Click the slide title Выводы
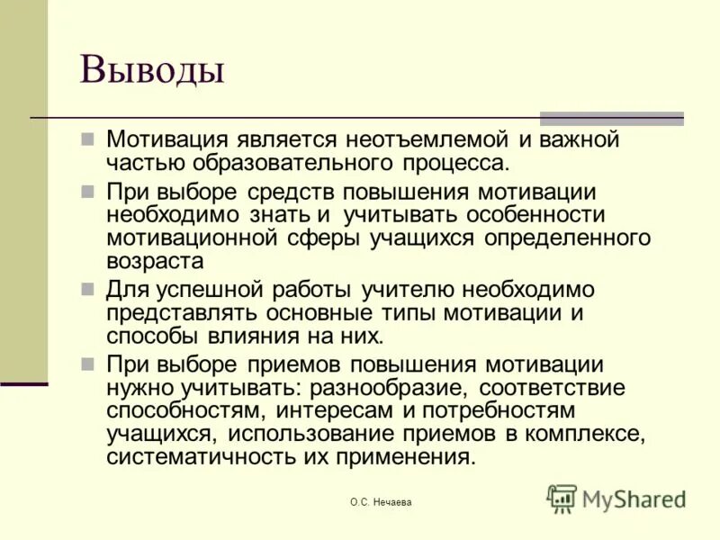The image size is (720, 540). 151,70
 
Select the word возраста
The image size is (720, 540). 155,260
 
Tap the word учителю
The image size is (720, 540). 410,291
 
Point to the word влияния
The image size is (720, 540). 261,336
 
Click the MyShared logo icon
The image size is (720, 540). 562,498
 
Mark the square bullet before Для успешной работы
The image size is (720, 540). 88,290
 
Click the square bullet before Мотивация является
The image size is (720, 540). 88,140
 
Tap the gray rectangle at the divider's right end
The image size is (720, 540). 611,118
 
